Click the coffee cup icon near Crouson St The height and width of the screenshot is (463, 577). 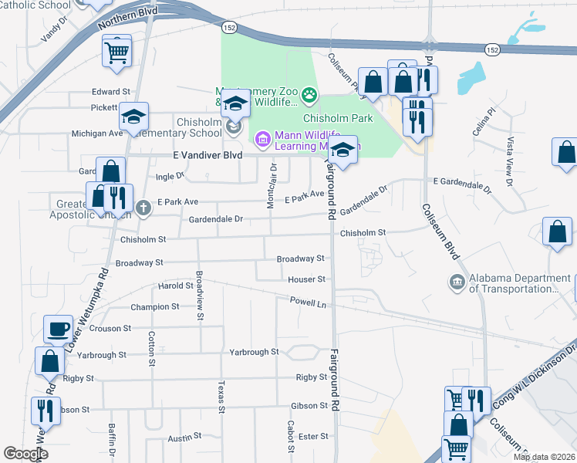[x=58, y=329]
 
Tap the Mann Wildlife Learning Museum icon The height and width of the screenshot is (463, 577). [x=262, y=140]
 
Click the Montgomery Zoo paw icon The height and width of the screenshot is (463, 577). [x=309, y=96]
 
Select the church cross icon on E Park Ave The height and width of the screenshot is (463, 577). [x=143, y=208]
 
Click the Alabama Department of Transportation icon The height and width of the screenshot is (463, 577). [x=457, y=282]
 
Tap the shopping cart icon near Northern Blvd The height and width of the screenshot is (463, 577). [x=116, y=52]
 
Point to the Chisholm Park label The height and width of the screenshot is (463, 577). [x=338, y=118]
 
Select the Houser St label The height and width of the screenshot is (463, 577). [x=306, y=279]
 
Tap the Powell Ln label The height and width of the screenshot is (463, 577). [x=309, y=303]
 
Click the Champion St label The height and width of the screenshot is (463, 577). [x=155, y=306]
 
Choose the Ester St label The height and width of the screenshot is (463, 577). [x=313, y=436]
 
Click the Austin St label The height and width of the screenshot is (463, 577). [x=184, y=438]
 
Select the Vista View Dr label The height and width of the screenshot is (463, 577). [x=510, y=154]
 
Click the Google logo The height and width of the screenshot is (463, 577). [x=26, y=454]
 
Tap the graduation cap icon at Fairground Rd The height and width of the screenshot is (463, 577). [x=344, y=149]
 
